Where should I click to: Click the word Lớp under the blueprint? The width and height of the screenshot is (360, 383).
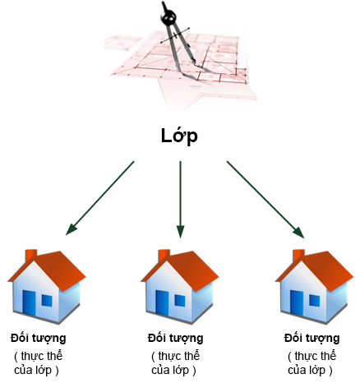[x=179, y=136]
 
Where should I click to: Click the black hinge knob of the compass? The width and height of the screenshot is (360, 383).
[x=168, y=17]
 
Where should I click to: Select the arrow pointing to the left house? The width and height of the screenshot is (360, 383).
[x=100, y=198]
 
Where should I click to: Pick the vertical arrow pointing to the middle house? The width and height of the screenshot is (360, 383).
[x=180, y=200]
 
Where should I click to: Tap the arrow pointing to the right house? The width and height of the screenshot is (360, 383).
[x=265, y=200]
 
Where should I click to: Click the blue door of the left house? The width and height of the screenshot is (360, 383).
[x=29, y=303]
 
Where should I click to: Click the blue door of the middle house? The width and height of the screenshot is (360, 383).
[x=162, y=303]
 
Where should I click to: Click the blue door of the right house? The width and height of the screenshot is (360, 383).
[x=297, y=303]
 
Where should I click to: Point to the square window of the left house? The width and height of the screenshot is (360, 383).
[x=47, y=301]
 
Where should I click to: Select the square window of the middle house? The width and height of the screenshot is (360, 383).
[x=180, y=301]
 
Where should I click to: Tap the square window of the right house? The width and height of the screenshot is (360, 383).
[x=315, y=301]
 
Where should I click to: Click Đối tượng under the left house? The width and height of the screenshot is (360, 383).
[x=39, y=339]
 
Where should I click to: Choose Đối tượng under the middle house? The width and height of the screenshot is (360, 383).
[x=175, y=339]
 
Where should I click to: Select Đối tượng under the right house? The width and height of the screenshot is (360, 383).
[x=312, y=339]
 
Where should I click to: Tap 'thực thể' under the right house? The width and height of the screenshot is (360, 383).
[x=315, y=356]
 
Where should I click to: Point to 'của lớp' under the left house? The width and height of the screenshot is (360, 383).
[x=33, y=370]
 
